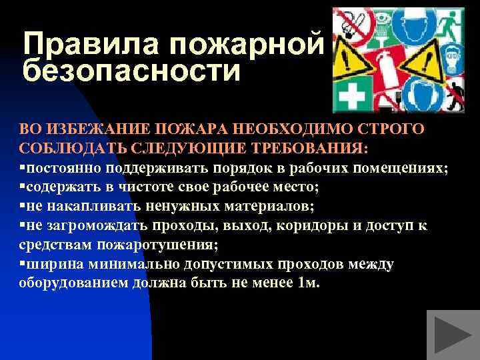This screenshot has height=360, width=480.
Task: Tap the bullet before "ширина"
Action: click(x=22, y=264)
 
